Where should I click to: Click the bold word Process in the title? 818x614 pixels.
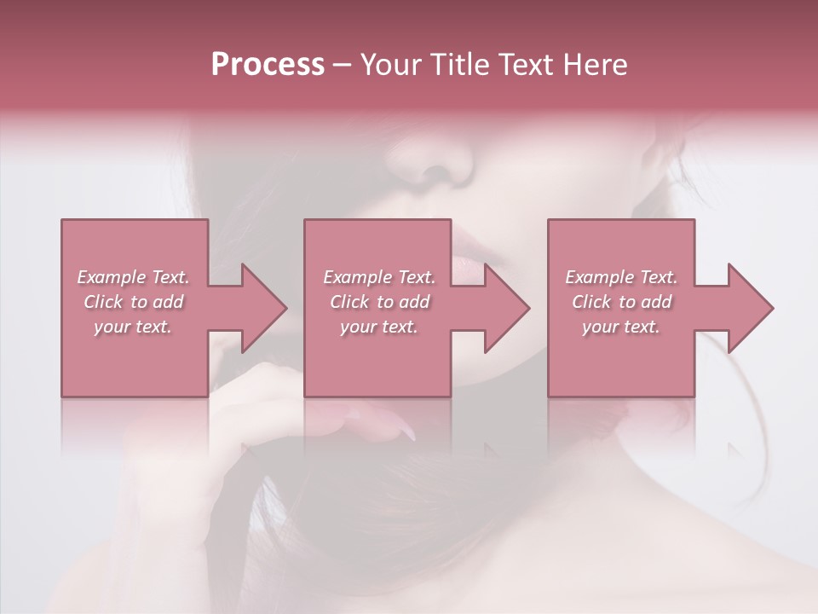click(x=268, y=65)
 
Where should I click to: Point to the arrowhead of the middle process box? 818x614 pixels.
click(x=503, y=308)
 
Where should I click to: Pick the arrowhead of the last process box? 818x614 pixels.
click(x=746, y=308)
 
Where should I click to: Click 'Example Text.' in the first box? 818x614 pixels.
click(x=133, y=277)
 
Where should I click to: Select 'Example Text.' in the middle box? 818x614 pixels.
click(x=378, y=277)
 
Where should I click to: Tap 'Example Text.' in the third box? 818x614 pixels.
click(x=621, y=277)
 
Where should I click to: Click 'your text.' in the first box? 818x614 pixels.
click(x=133, y=327)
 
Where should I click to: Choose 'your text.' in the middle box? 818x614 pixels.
click(x=378, y=327)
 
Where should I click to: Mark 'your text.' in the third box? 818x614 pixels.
click(x=621, y=327)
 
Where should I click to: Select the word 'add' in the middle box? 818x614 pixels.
click(x=413, y=302)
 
